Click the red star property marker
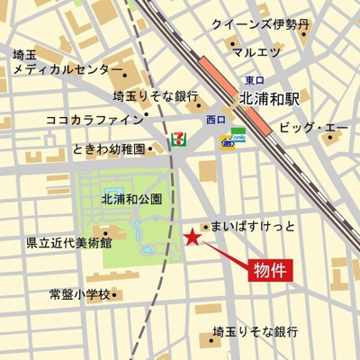click(192, 238)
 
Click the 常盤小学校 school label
click(79, 294)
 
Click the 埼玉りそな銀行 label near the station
click(156, 94)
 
